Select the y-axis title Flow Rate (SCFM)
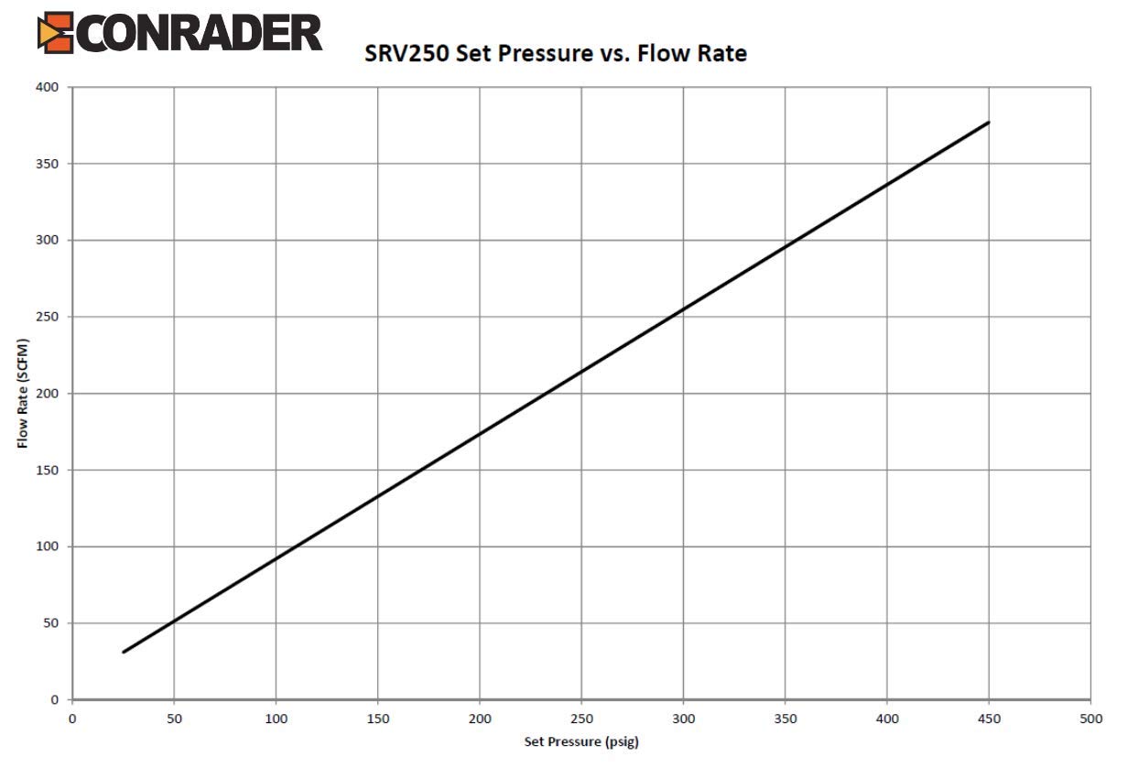(22, 395)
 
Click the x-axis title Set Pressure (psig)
(581, 741)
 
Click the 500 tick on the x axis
(1090, 719)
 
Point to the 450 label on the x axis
(989, 719)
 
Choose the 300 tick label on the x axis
(683, 719)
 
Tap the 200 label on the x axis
(480, 719)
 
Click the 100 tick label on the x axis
(276, 719)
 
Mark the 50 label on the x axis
(174, 719)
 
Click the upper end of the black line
(988, 123)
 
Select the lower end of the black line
(124, 652)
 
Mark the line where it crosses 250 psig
(581, 372)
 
